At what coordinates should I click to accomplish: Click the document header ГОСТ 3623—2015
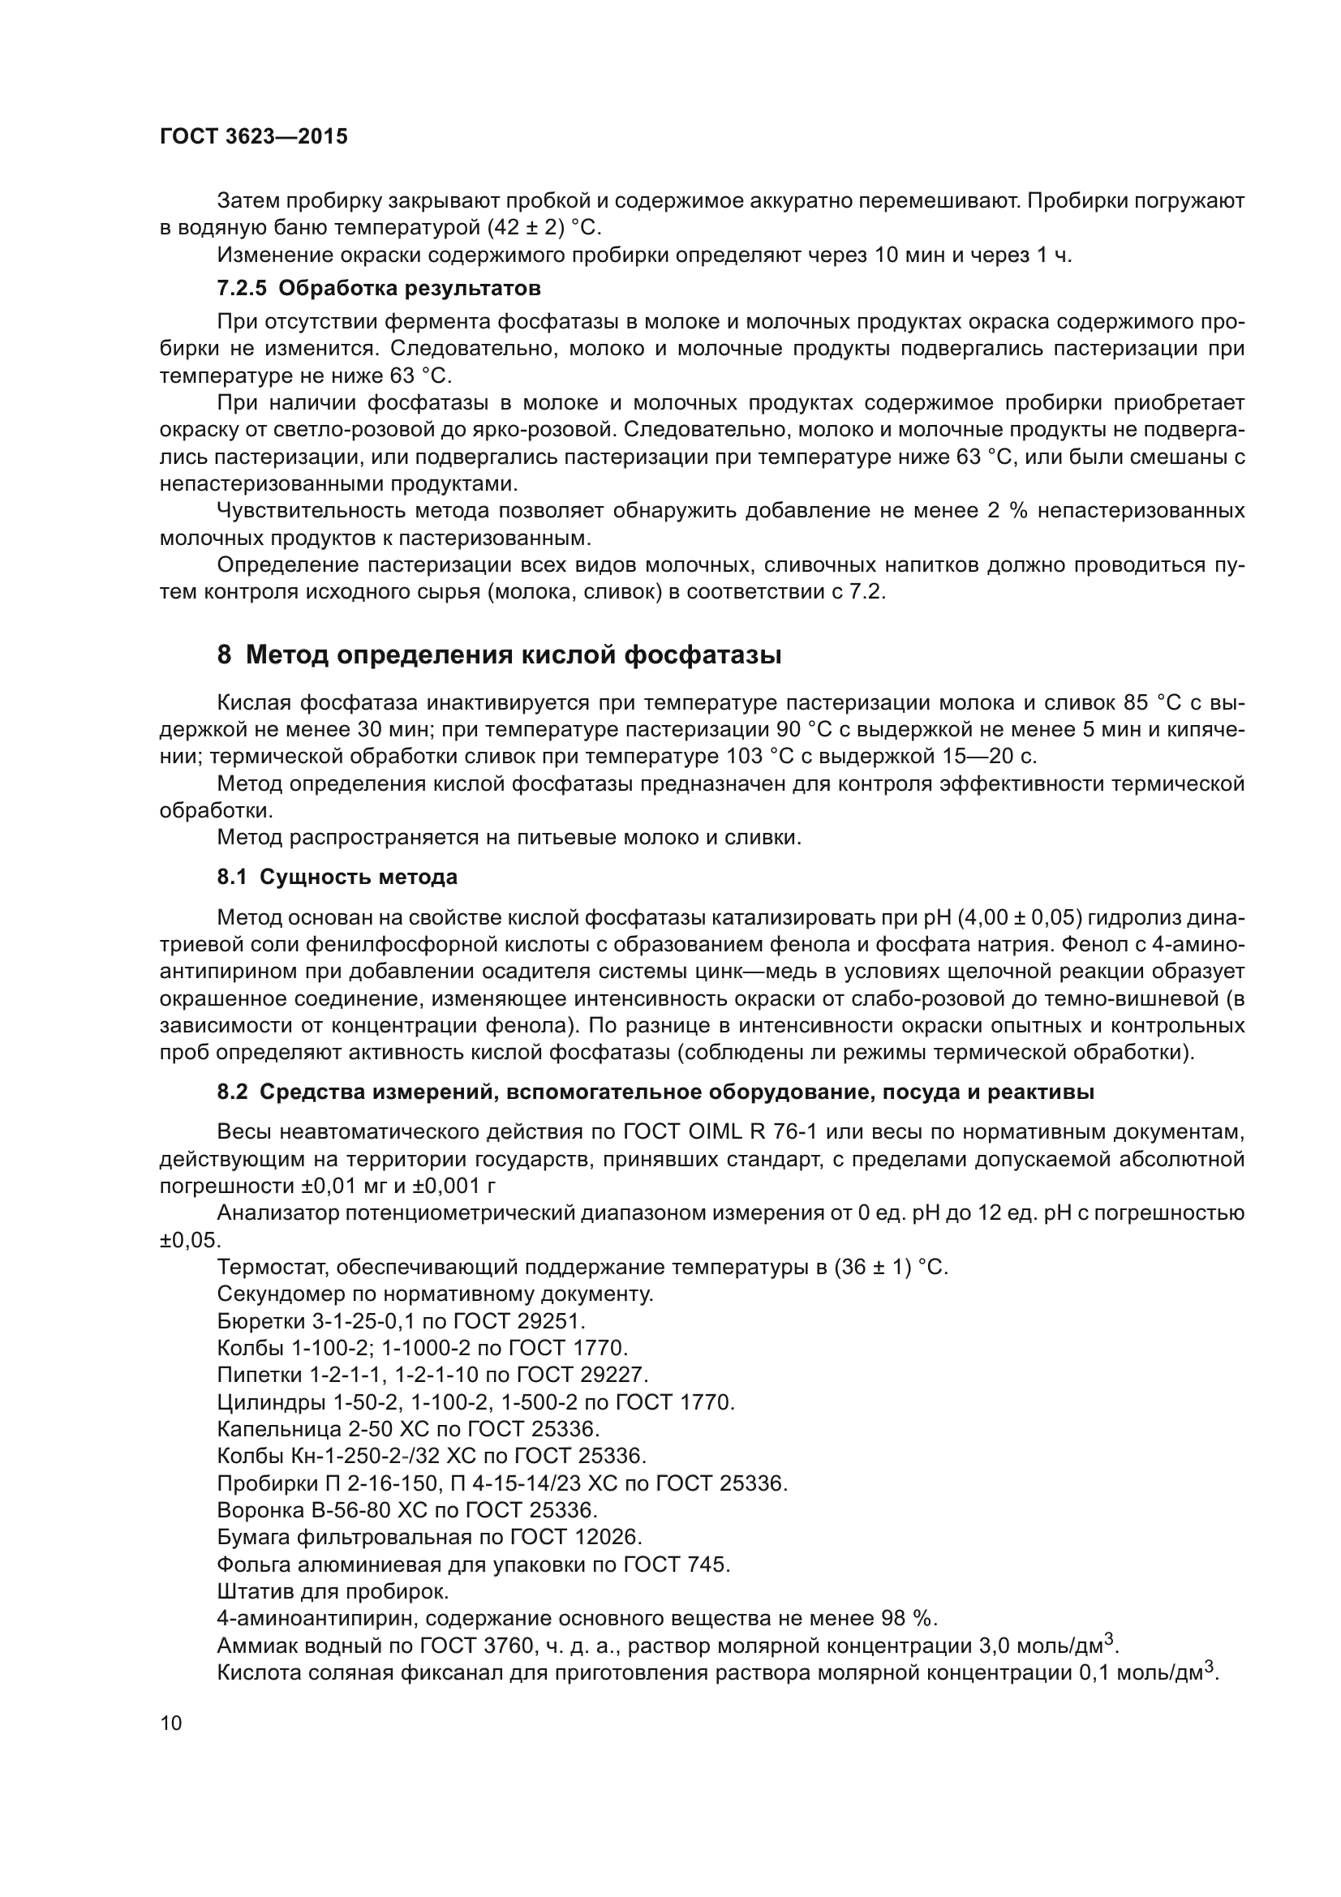click(254, 137)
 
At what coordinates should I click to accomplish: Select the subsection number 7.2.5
click(242, 289)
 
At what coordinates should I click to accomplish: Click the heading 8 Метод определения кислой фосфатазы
click(499, 655)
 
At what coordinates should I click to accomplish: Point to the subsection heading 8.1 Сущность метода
click(337, 877)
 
